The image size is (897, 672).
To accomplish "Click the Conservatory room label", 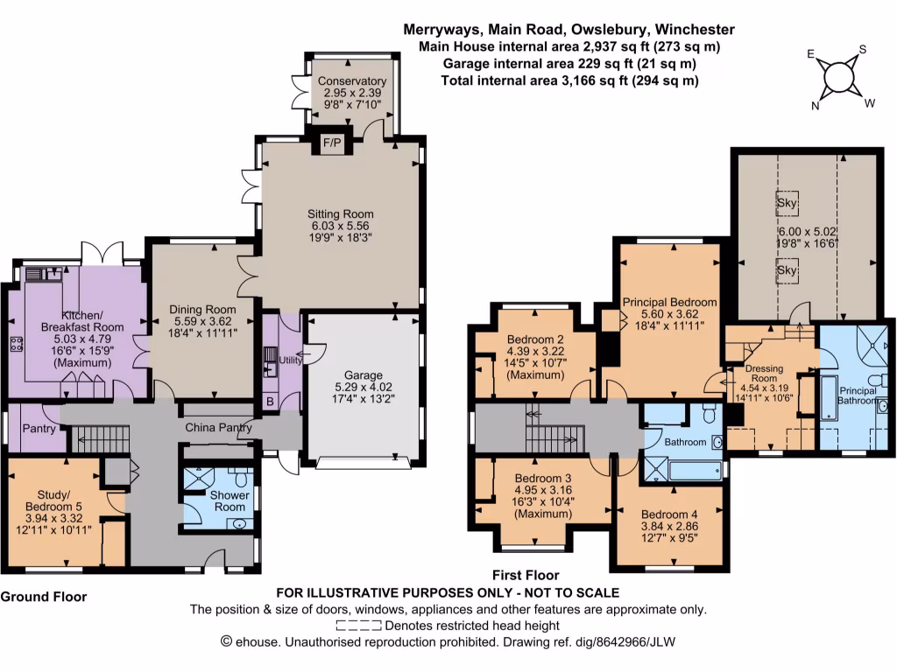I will coord(352,81).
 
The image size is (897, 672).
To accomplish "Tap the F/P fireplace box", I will coord(332,143).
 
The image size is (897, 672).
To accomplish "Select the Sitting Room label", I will coord(340,213).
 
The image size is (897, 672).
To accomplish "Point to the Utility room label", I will coord(290,360).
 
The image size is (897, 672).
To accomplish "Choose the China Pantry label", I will coord(218,428).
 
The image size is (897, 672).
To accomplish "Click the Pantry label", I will coord(39,429).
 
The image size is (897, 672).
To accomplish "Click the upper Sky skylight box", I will coord(787,200).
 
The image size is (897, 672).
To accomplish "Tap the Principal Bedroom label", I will coord(669,302).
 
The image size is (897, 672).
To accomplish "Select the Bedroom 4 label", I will coord(668,514).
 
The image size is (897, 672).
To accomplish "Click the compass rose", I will coord(839,76).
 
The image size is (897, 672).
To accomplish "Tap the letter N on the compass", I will coord(816,106).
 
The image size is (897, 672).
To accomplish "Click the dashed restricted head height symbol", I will coord(359,626).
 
